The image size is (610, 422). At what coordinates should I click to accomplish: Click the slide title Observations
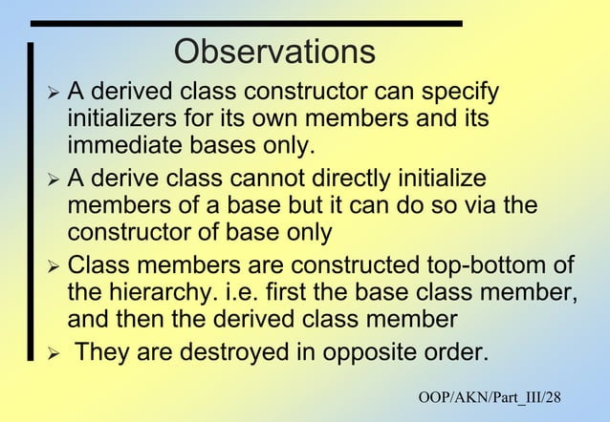[x=274, y=52]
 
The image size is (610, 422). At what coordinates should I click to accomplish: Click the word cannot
[x=276, y=179]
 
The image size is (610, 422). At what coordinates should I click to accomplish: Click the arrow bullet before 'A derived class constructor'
[x=53, y=95]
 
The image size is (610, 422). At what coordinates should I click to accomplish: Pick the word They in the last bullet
[x=101, y=352]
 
